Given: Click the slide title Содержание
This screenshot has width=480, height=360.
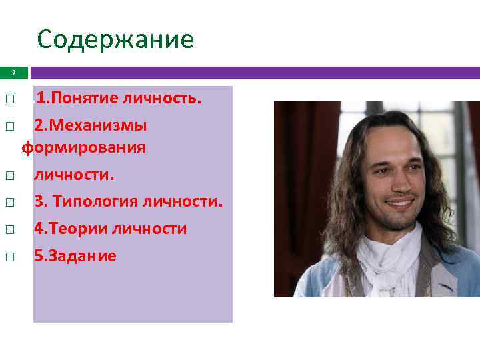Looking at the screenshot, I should (x=115, y=40).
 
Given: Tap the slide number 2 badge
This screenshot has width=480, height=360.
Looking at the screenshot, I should (x=14, y=73).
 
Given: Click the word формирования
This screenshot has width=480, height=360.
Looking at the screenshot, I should (x=83, y=147).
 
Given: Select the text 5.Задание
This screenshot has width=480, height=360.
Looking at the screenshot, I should (x=75, y=256).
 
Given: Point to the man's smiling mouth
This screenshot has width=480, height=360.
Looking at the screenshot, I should (x=399, y=201).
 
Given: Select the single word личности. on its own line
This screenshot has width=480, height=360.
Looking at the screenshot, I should (x=75, y=175).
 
